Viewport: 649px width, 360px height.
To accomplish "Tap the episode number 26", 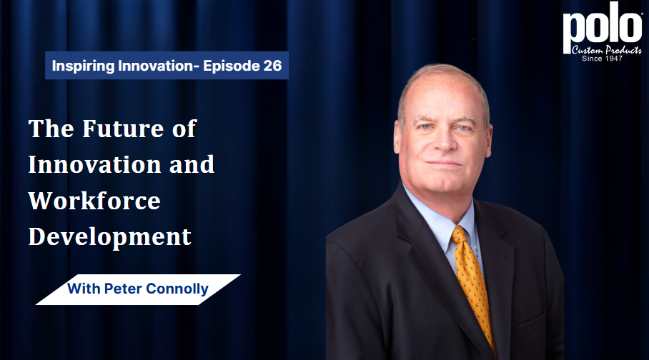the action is point(272,66).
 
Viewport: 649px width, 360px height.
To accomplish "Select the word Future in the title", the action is point(124,129).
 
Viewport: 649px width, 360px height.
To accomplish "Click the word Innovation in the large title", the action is point(95,164).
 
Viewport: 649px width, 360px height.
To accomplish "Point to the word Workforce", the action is point(94,201).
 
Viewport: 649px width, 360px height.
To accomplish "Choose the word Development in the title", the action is point(109,236).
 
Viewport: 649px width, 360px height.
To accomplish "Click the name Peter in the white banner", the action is point(122,289).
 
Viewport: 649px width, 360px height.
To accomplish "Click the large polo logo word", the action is point(603,28).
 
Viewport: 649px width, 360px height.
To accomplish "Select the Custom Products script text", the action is point(606,50).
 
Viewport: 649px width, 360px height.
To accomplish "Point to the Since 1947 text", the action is point(603,59).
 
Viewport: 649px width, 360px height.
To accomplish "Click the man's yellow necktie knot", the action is point(460,235).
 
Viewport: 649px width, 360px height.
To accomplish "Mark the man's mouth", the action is point(444,164).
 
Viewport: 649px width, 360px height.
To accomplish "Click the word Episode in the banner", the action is point(231,66).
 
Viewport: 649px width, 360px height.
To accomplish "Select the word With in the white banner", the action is point(84,289).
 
